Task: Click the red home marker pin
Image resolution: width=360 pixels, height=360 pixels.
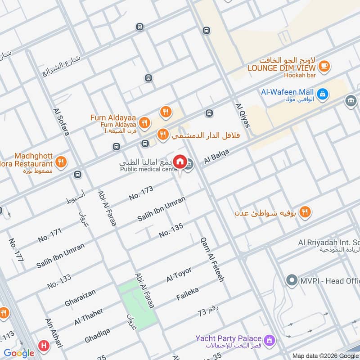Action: click(x=180, y=162)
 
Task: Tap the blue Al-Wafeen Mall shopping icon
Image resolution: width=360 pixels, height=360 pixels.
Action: click(x=322, y=94)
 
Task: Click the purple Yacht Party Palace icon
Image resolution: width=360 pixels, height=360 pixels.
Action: click(x=270, y=338)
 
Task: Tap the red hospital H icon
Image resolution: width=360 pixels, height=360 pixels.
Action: click(x=44, y=346)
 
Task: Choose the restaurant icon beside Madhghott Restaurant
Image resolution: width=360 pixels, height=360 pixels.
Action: click(x=61, y=162)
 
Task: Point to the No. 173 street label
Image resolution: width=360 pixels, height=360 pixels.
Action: click(x=141, y=192)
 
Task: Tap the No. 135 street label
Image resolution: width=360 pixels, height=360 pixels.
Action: click(x=171, y=230)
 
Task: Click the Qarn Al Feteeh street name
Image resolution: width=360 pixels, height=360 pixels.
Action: click(x=212, y=260)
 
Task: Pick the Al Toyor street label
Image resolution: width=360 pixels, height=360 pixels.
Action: click(x=179, y=274)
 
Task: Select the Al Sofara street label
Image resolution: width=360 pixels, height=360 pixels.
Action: click(x=62, y=121)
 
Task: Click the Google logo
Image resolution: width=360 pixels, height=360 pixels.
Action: click(x=19, y=353)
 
